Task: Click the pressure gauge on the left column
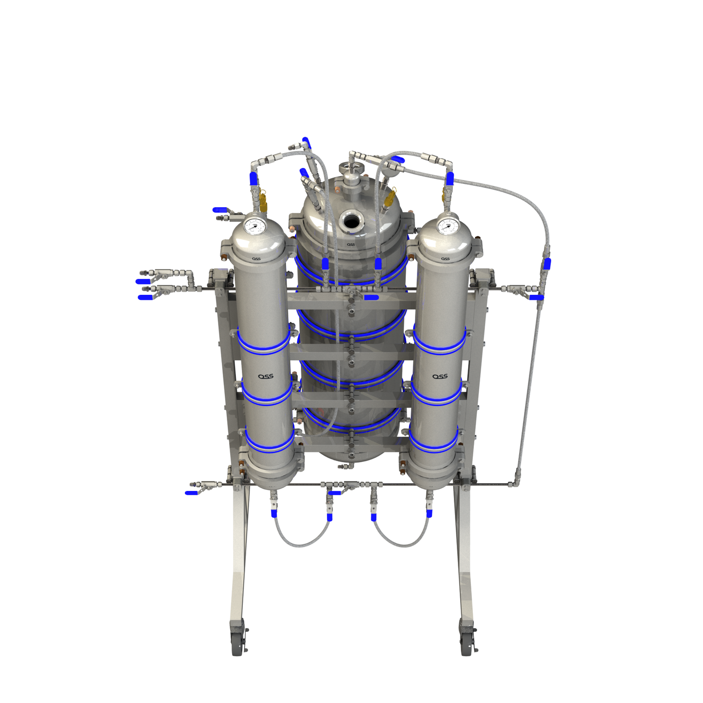pyautogui.click(x=254, y=226)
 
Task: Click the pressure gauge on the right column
pyautogui.click(x=448, y=226)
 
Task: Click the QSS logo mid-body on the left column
pyautogui.click(x=266, y=376)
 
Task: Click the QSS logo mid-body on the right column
pyautogui.click(x=440, y=376)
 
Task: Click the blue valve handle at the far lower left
pyautogui.click(x=191, y=493)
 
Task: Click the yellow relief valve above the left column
pyautogui.click(x=263, y=200)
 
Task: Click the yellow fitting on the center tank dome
pyautogui.click(x=390, y=198)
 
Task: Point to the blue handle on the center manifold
pyautogui.click(x=371, y=297)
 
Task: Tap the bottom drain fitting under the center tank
pyautogui.click(x=344, y=466)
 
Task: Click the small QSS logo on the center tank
pyautogui.click(x=351, y=245)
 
